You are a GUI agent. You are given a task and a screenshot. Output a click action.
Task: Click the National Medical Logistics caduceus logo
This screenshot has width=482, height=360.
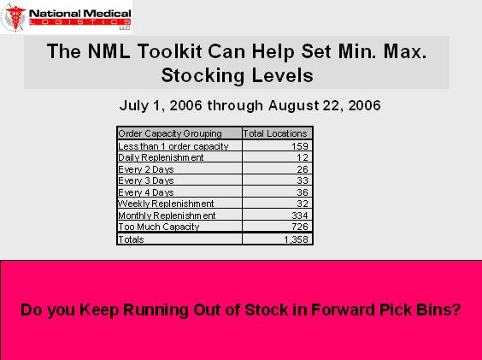(x=15, y=18)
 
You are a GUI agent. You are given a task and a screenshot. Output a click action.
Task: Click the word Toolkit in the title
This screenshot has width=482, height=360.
(x=170, y=51)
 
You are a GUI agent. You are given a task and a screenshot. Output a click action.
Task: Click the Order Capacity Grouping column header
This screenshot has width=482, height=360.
(x=170, y=133)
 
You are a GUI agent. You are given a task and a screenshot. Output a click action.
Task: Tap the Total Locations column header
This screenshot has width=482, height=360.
(x=275, y=133)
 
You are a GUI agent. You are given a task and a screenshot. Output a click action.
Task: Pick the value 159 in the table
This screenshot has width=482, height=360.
(x=300, y=146)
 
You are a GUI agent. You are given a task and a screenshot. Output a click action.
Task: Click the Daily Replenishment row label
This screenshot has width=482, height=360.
(x=161, y=157)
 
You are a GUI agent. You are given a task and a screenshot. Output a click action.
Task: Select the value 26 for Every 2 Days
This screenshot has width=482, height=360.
(x=303, y=169)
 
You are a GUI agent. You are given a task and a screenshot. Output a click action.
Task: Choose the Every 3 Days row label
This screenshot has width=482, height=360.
(x=146, y=180)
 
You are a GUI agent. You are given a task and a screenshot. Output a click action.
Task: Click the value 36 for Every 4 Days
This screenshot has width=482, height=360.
(x=303, y=192)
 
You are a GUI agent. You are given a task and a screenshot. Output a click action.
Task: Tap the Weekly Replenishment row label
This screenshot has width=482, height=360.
(x=166, y=204)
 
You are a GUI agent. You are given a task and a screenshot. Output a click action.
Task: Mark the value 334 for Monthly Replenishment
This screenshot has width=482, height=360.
(x=300, y=215)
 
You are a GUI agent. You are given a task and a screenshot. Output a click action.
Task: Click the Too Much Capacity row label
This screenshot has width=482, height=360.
(x=159, y=227)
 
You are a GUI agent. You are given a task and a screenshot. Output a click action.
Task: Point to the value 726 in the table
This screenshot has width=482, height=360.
(x=300, y=227)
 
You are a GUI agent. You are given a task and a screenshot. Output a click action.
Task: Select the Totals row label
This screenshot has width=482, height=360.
(x=131, y=239)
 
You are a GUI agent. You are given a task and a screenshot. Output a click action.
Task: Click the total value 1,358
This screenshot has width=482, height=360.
(x=296, y=239)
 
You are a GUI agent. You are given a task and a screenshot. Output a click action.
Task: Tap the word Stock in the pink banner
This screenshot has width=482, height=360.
(x=267, y=310)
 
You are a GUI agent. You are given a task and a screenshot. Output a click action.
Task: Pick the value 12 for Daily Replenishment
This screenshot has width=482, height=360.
(x=303, y=157)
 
